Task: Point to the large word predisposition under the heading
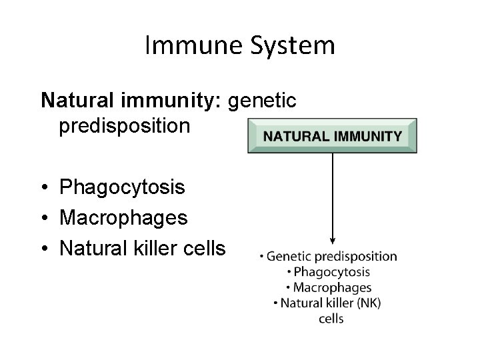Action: click(124, 125)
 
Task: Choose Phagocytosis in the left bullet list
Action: click(122, 187)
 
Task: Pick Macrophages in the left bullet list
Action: click(123, 217)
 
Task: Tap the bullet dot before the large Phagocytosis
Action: click(44, 188)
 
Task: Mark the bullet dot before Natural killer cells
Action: click(44, 248)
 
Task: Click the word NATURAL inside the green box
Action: click(294, 137)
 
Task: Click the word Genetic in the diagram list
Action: click(290, 257)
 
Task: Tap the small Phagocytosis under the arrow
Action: click(331, 272)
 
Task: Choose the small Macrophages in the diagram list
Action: click(332, 288)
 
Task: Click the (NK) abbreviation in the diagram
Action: click(368, 303)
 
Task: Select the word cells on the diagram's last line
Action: click(331, 319)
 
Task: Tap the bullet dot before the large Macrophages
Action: click(44, 218)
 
